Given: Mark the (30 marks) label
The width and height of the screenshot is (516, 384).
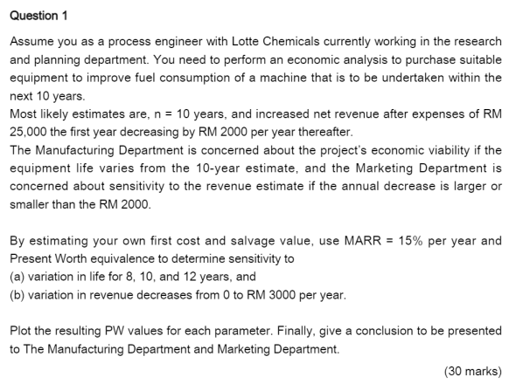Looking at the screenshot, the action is [x=473, y=370].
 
